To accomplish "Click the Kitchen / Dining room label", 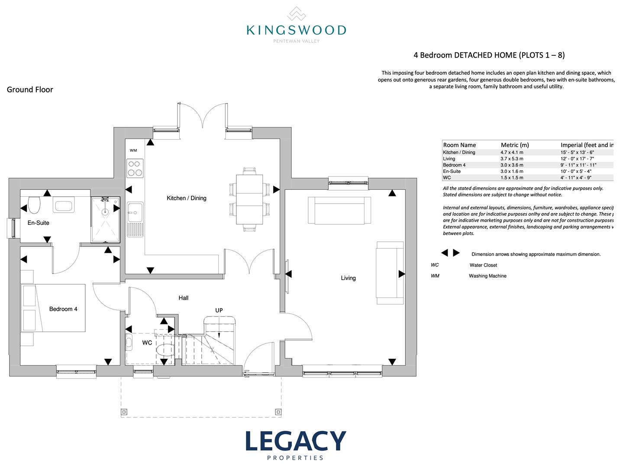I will pyautogui.click(x=186, y=198).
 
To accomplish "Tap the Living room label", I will pyautogui.click(x=348, y=278).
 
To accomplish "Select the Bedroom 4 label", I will pyautogui.click(x=63, y=309).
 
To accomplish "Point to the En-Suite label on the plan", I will pyautogui.click(x=39, y=223).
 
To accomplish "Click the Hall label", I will pyautogui.click(x=184, y=297).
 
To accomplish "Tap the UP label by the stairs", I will pyautogui.click(x=219, y=310).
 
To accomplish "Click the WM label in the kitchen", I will pyautogui.click(x=133, y=150).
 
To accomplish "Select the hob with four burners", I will pyautogui.click(x=135, y=168).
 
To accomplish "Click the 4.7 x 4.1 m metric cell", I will pyautogui.click(x=512, y=152).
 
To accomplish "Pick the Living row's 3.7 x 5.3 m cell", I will pyautogui.click(x=512, y=159).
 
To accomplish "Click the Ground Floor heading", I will pyautogui.click(x=30, y=90).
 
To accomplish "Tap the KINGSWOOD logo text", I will pyautogui.click(x=296, y=30).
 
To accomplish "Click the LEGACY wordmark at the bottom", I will pyautogui.click(x=296, y=441).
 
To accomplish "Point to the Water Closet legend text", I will pyautogui.click(x=483, y=265).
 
